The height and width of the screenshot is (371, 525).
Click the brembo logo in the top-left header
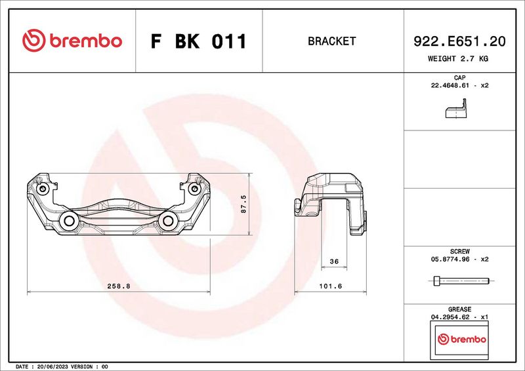[72, 41]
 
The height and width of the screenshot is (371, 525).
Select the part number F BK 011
[198, 41]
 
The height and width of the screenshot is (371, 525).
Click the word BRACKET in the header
[331, 41]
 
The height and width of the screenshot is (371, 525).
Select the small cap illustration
[459, 109]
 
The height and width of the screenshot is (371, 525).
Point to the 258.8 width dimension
[119, 286]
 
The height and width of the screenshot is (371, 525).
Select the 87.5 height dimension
[243, 204]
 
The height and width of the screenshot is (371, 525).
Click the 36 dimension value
[333, 262]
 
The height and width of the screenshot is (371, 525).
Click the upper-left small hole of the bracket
[43, 189]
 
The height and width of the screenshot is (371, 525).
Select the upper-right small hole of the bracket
[194, 189]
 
